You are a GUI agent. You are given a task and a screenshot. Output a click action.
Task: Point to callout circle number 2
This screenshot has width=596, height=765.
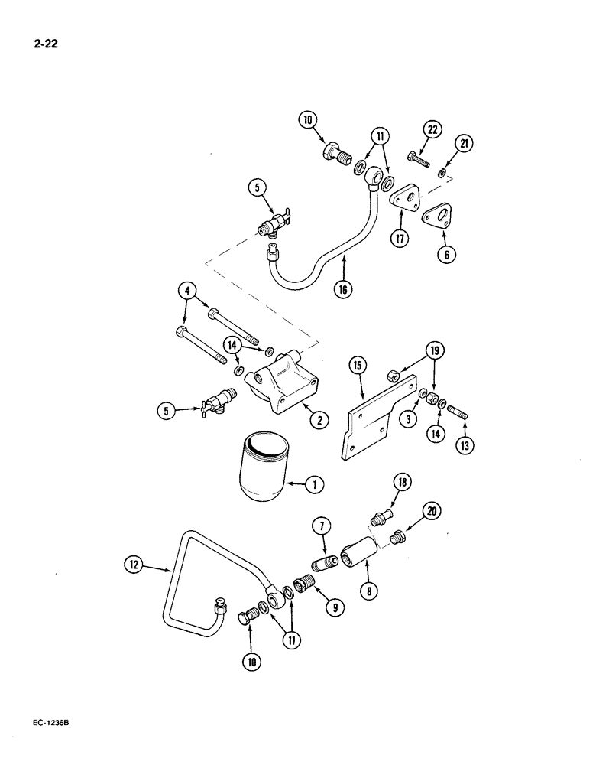tap(314, 418)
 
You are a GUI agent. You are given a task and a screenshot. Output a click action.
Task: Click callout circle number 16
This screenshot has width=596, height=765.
tap(344, 291)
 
